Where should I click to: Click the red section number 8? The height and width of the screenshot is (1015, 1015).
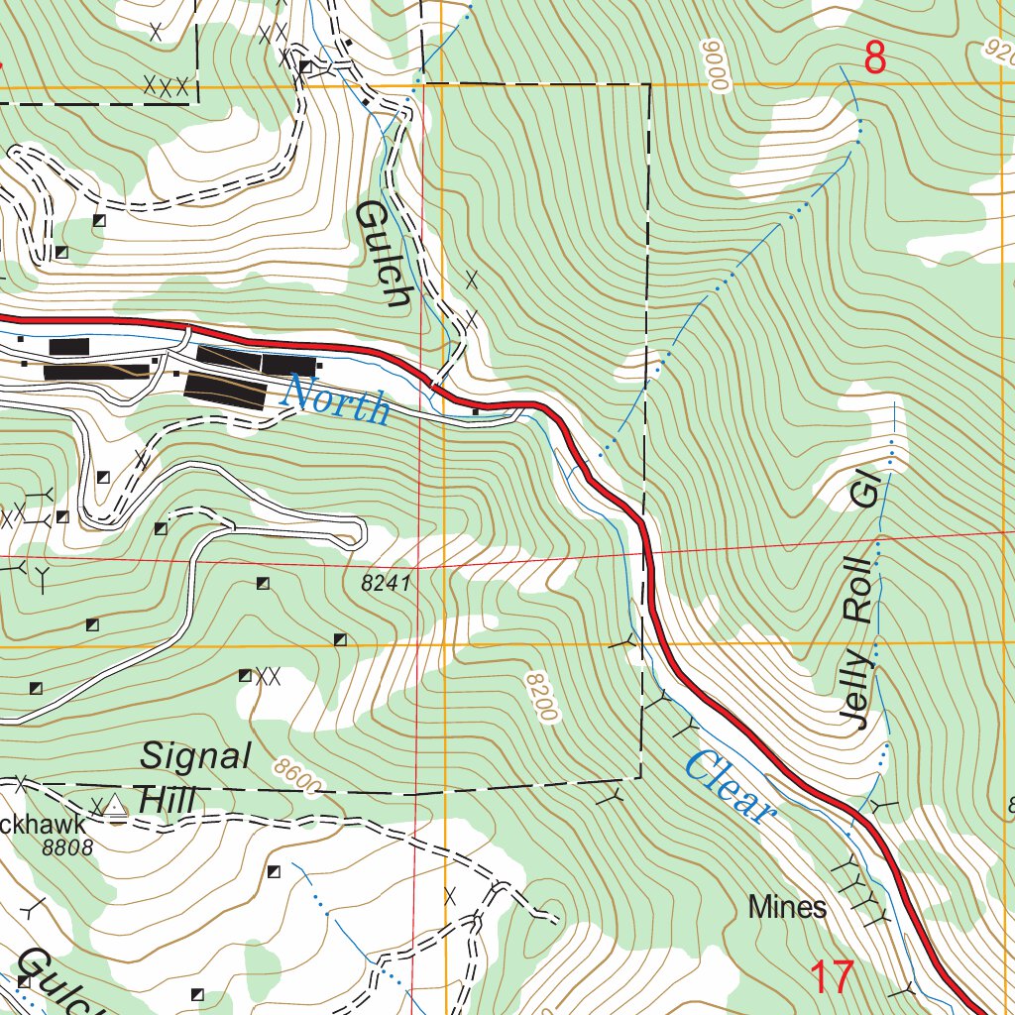point(874,59)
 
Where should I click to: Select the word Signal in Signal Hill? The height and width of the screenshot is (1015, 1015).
point(196,757)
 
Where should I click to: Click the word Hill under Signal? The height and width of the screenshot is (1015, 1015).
point(168,799)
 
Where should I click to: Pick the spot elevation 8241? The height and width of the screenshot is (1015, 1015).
point(386,585)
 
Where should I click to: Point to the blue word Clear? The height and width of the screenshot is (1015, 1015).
point(729,787)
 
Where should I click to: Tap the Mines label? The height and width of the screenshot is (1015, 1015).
point(787,906)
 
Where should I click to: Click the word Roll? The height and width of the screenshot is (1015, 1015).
point(858,590)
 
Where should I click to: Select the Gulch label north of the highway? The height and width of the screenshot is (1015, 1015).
point(383,254)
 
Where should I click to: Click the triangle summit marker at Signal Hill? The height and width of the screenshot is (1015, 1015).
point(117,804)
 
